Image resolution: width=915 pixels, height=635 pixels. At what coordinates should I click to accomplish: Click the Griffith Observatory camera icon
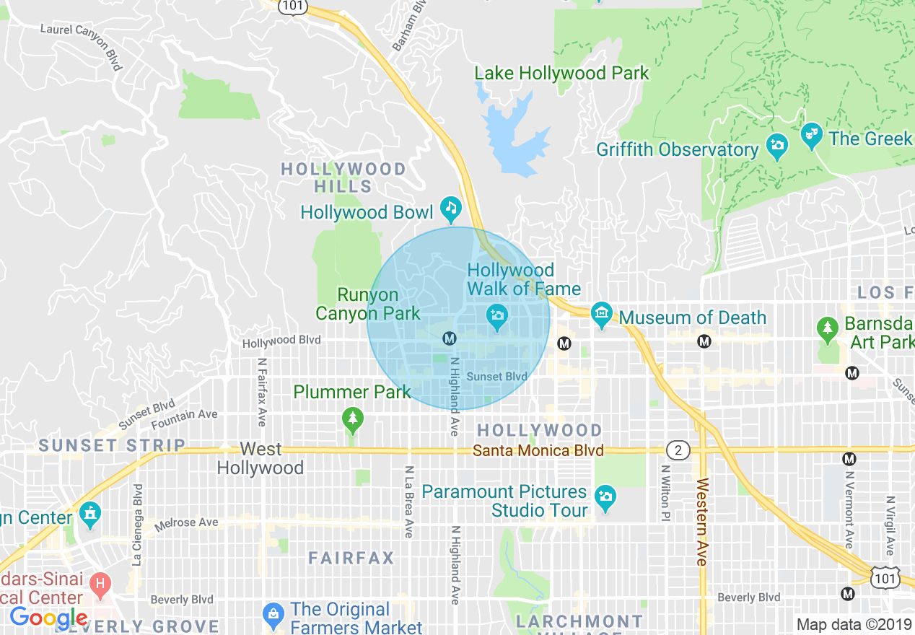coord(776,146)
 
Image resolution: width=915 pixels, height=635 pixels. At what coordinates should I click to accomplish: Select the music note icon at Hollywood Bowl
coord(452,209)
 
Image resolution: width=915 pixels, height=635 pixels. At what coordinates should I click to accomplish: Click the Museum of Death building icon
coord(601,314)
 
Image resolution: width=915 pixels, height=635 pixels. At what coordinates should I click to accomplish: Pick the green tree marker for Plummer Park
coord(352,419)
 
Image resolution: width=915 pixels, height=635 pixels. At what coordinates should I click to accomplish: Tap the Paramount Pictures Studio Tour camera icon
coord(605,496)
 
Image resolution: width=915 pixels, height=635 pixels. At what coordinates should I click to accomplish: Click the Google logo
coord(48,618)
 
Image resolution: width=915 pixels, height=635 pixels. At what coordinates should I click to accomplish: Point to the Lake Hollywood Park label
coord(561,73)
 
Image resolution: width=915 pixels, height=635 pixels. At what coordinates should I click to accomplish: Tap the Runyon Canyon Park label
coord(368,304)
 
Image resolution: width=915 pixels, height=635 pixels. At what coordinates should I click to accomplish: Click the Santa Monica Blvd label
coord(538,450)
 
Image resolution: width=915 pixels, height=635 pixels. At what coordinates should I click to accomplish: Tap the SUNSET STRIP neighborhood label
coord(112,445)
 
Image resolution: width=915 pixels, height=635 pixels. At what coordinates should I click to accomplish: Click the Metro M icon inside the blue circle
coord(449,338)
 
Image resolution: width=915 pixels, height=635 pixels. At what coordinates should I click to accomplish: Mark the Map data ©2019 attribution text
coord(854,624)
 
